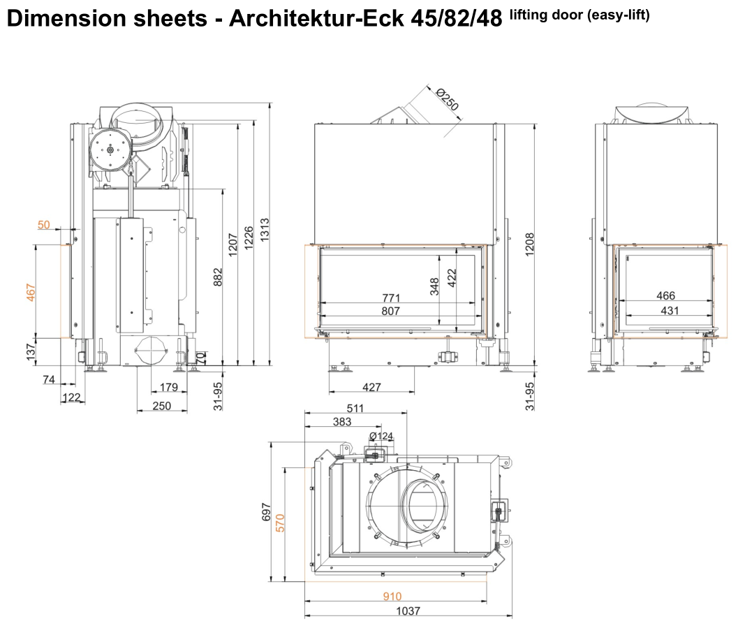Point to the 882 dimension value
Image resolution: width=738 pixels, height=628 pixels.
[x=217, y=277]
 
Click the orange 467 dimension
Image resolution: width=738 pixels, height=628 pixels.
[x=30, y=291]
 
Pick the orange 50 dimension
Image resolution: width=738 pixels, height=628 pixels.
[x=43, y=224]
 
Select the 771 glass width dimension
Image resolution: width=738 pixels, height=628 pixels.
[x=391, y=298]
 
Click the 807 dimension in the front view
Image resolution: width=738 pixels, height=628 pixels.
[x=391, y=311]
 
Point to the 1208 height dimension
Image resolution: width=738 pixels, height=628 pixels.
[x=529, y=244]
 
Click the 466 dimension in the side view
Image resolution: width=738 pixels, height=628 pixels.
[x=666, y=297]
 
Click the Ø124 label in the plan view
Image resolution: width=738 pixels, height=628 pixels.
[x=381, y=436]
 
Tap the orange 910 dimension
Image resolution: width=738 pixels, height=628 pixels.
[x=392, y=597]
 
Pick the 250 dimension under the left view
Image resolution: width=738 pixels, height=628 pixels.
[x=161, y=405]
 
